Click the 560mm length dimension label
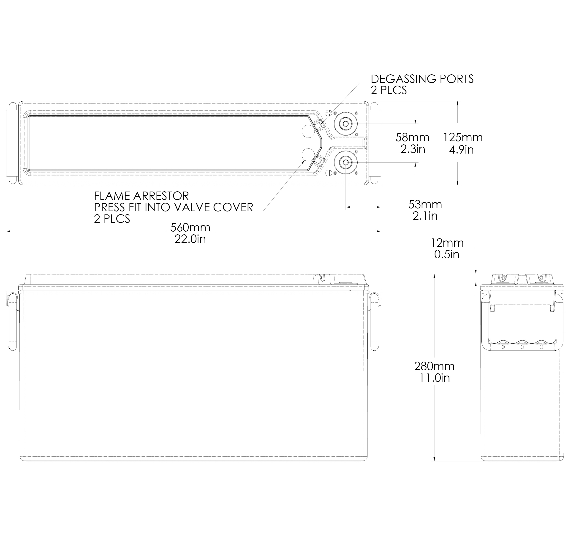[x=190, y=228]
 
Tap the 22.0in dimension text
[x=190, y=239]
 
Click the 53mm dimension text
[x=425, y=205]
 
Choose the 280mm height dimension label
[x=434, y=366]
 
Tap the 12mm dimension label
[x=447, y=243]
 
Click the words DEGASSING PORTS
[x=422, y=79]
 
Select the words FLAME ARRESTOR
[x=141, y=196]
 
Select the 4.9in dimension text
[x=461, y=150]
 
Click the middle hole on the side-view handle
[x=522, y=347]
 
